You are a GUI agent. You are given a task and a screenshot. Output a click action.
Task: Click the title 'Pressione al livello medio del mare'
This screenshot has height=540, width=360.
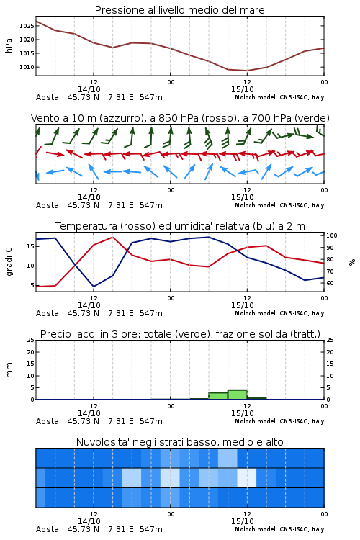[180, 10]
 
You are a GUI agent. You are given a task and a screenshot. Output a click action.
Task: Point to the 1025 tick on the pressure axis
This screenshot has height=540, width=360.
[27, 26]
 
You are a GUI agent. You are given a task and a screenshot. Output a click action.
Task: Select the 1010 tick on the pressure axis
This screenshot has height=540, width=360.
[27, 67]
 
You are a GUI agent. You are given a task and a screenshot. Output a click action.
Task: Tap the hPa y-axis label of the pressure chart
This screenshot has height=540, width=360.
[9, 45]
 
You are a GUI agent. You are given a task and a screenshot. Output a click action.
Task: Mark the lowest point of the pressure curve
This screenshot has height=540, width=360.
[247, 71]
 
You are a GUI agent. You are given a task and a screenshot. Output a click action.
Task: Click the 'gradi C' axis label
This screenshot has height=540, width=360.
[9, 262]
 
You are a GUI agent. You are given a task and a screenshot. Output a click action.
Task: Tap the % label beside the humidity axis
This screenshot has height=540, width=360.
[352, 262]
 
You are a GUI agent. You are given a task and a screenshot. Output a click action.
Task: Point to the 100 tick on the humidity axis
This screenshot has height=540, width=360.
[332, 235]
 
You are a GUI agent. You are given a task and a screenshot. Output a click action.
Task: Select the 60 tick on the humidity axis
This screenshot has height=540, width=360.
[330, 283]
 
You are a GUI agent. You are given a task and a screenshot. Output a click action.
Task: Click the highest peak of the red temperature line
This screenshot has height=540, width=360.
[112, 237]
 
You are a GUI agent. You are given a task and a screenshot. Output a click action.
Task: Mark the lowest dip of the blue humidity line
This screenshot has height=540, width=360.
[94, 287]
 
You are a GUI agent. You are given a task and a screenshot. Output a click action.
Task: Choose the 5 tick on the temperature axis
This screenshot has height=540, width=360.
[32, 285]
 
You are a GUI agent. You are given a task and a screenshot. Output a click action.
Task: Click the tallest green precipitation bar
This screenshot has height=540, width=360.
[238, 395]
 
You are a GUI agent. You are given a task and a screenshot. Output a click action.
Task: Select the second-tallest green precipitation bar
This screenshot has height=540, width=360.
[218, 396]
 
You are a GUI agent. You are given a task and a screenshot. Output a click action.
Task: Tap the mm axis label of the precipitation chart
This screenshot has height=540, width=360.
[9, 370]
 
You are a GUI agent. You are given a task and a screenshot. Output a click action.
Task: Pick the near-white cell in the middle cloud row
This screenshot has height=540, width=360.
[247, 477]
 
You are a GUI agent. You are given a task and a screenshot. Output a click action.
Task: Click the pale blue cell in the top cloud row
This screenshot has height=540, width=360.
[228, 458]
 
